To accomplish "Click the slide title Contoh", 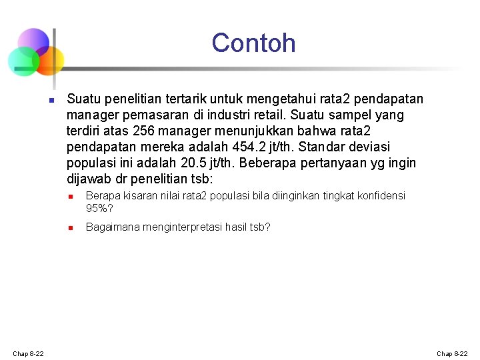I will [253, 43].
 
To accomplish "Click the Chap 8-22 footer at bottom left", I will [28, 353].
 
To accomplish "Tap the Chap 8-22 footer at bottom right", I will [452, 353].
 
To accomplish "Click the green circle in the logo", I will [22, 62].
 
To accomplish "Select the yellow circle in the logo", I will [51, 61].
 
